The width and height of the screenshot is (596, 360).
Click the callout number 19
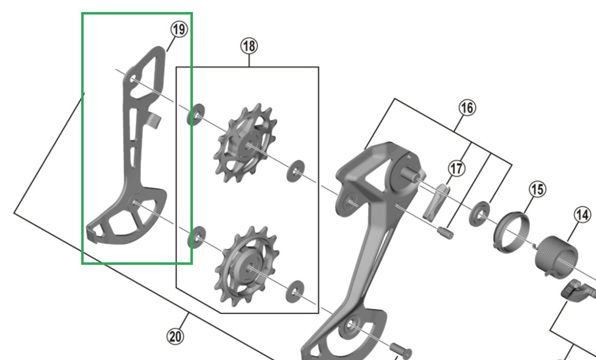[x=178, y=30]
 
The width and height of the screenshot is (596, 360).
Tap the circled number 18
[x=249, y=46]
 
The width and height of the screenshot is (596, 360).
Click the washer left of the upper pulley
[x=195, y=114]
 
